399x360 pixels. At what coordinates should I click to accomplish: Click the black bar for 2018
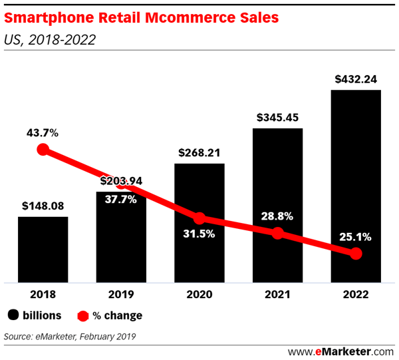coord(43,250)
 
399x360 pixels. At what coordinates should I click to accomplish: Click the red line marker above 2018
coord(43,150)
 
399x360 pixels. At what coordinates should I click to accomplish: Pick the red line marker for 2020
coord(199,218)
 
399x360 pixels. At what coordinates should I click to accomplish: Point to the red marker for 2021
coord(278,234)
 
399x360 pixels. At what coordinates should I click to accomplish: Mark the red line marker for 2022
coord(356,254)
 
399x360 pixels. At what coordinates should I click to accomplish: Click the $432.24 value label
coord(356,79)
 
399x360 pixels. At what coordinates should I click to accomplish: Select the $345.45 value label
coord(278,118)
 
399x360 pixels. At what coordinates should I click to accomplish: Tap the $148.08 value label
coord(43,206)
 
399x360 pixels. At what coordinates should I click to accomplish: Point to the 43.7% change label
coord(43,132)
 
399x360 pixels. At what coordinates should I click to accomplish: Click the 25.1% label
coord(356,236)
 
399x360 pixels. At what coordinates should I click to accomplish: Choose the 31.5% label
coord(199,234)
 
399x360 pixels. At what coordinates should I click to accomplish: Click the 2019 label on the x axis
coord(121,293)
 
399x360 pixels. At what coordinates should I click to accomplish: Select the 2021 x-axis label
coord(278,293)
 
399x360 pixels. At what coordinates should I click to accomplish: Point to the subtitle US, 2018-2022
coord(50,39)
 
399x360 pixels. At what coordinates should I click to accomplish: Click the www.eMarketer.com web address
coord(340,350)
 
